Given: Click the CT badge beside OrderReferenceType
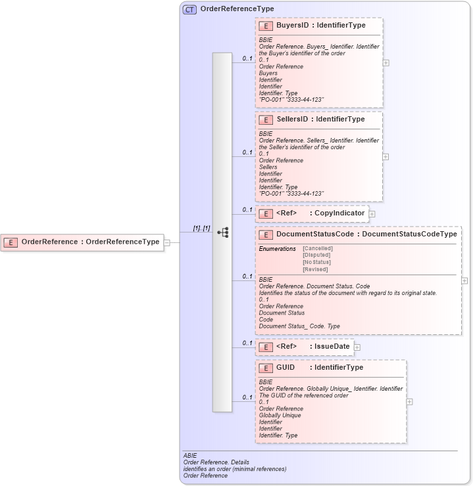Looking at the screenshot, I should [x=189, y=9].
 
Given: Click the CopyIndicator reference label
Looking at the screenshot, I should [x=339, y=213].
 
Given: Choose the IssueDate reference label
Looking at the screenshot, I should [x=332, y=346].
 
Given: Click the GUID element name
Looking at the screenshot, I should [x=286, y=368].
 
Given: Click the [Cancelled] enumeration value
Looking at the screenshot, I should [x=317, y=248].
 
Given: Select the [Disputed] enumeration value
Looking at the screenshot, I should [x=316, y=255].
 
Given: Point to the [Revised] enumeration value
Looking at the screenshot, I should [x=315, y=269].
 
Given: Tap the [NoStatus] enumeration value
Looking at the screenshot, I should [x=316, y=262].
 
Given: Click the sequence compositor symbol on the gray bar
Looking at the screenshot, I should [x=222, y=232].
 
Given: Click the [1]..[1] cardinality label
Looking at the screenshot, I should [x=201, y=228].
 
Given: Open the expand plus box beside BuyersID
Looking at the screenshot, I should [x=386, y=63].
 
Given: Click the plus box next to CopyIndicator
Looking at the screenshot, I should [x=372, y=213].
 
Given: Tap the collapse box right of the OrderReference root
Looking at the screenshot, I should [x=167, y=242].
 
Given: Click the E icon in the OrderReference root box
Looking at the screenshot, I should [x=11, y=242].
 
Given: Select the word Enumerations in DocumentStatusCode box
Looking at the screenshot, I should [x=277, y=249].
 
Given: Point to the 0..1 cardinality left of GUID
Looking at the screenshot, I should [x=247, y=397].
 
